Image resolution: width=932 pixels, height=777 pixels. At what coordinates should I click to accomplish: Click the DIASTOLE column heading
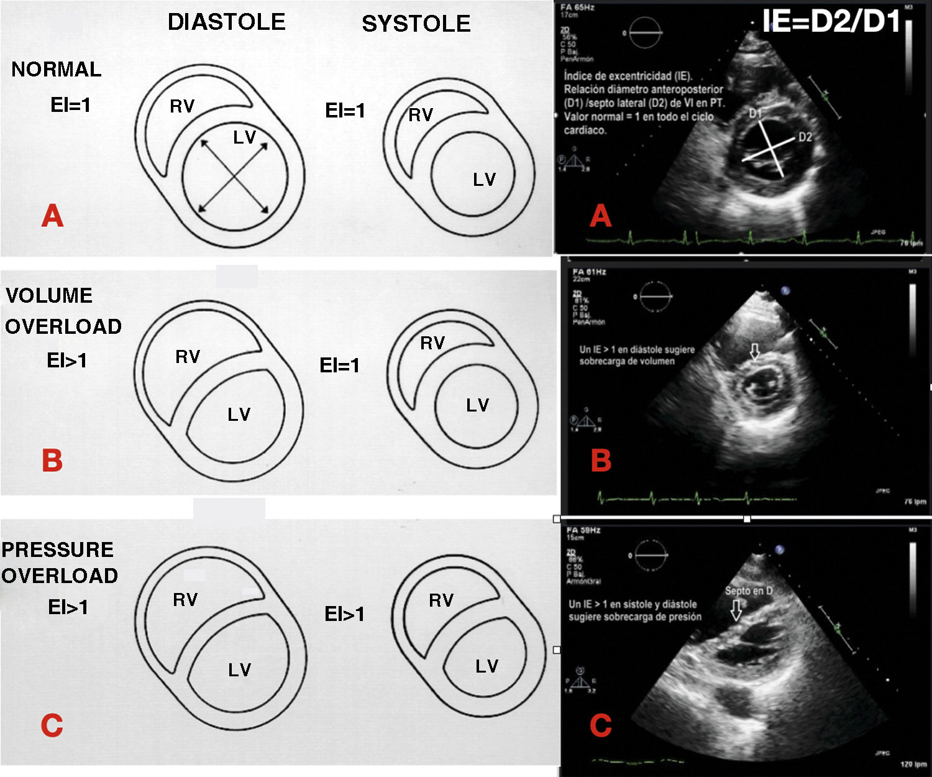click(226, 22)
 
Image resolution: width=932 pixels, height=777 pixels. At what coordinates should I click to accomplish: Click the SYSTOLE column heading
click(416, 24)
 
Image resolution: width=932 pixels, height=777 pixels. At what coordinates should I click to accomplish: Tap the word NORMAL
click(56, 70)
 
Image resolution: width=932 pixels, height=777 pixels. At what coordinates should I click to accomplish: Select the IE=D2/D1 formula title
click(831, 22)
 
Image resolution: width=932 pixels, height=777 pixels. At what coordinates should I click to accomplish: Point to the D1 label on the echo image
click(755, 113)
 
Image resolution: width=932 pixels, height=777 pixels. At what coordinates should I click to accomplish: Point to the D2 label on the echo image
click(805, 137)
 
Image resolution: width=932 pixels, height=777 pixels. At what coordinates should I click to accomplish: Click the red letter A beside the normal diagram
click(52, 216)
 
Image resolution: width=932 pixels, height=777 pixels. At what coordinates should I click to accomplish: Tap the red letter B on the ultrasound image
click(601, 461)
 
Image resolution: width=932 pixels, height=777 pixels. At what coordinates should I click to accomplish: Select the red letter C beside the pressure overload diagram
click(52, 725)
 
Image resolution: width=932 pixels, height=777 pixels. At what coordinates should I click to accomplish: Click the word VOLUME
click(49, 296)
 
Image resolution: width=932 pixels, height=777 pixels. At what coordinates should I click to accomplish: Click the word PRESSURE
click(57, 550)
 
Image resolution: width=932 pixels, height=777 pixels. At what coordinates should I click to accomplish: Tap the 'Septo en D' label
click(749, 591)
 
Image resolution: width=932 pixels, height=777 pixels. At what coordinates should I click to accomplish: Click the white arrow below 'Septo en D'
click(736, 609)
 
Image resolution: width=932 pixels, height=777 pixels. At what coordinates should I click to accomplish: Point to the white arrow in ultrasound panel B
click(754, 352)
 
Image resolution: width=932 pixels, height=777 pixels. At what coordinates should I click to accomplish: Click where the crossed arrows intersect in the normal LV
click(234, 178)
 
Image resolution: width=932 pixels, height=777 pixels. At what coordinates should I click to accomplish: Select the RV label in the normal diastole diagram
click(182, 107)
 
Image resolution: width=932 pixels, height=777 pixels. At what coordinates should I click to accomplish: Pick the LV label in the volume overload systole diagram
click(477, 405)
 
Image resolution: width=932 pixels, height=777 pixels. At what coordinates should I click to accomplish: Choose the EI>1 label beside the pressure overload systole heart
click(344, 614)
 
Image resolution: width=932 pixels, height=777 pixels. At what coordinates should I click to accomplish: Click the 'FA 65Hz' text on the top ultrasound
click(577, 7)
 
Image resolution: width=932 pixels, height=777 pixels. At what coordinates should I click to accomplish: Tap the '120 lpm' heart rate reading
click(913, 764)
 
